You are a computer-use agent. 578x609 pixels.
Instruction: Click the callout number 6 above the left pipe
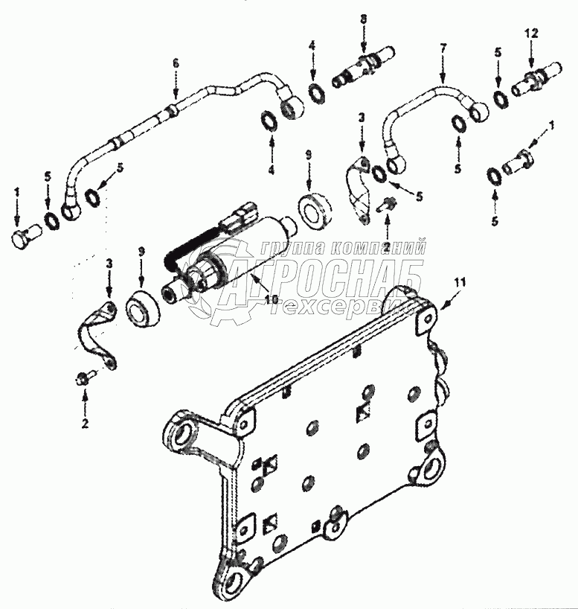tap(176, 64)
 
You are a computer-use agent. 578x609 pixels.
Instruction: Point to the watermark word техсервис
tap(342, 306)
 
